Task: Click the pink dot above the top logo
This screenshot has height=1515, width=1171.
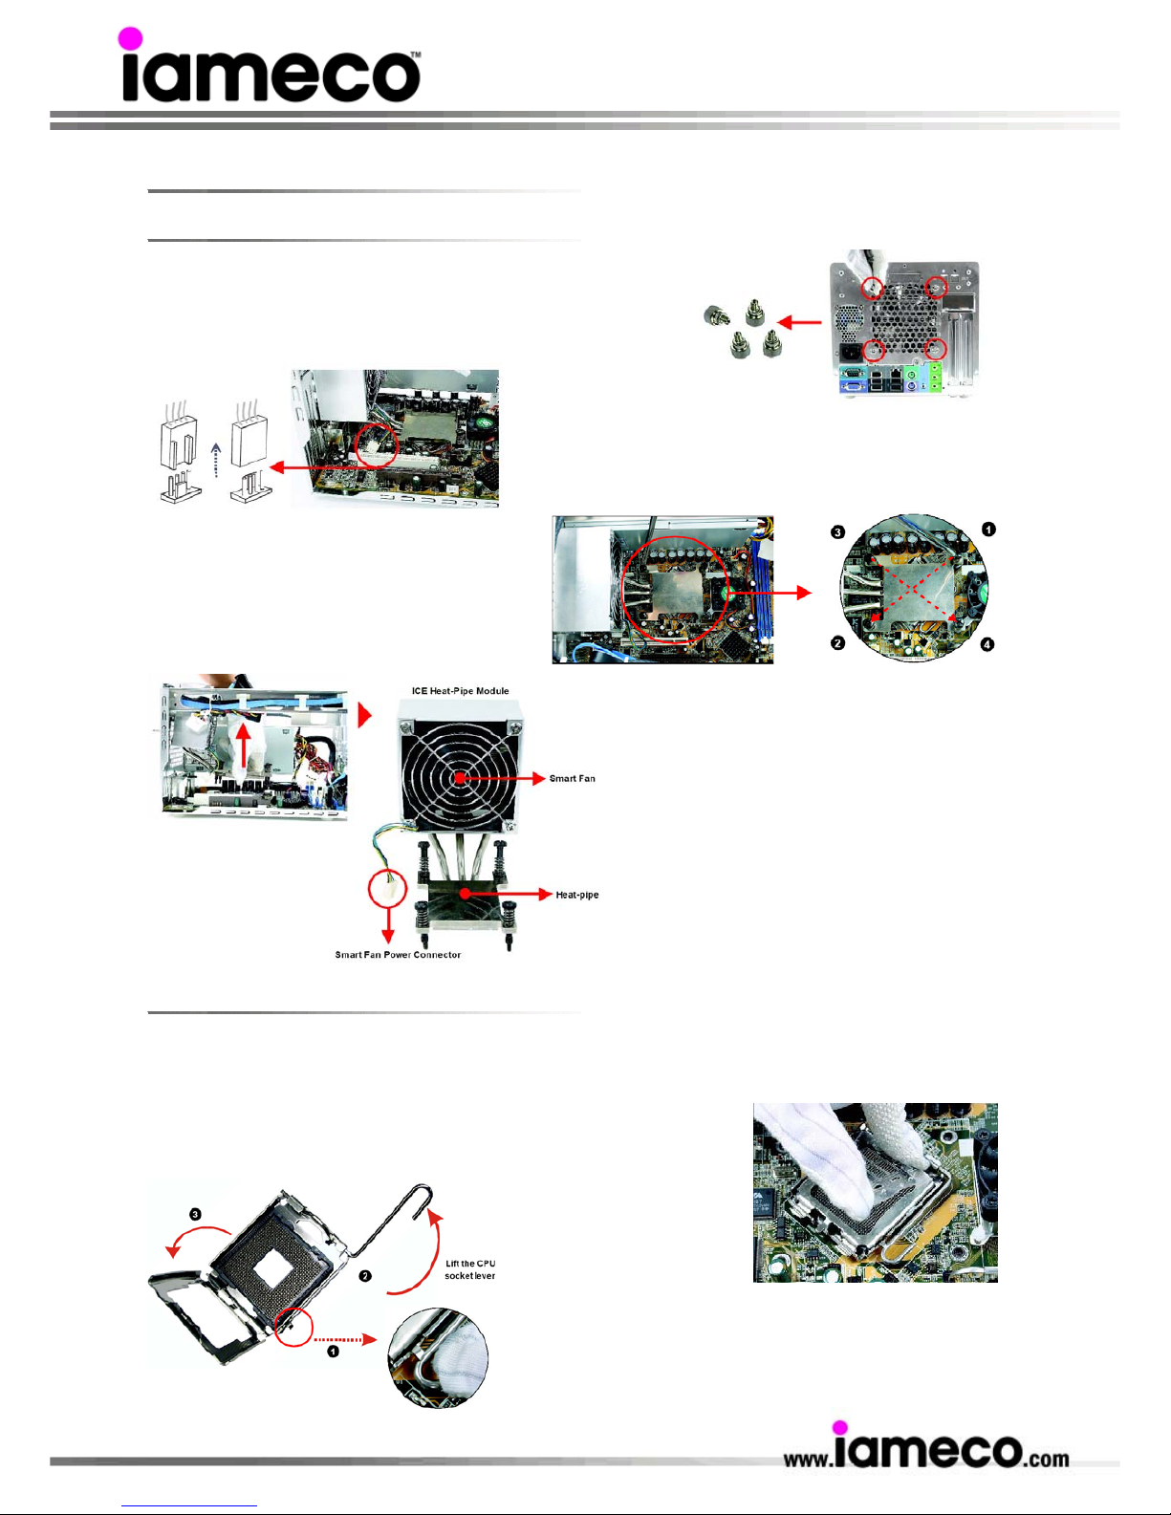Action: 130,38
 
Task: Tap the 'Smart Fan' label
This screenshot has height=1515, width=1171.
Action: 573,779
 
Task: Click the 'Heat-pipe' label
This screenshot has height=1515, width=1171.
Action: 577,896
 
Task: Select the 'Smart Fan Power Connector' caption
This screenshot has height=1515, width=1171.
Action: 398,955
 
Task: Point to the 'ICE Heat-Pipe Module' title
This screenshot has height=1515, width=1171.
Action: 460,691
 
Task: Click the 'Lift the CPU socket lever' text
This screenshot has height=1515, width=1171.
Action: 470,1269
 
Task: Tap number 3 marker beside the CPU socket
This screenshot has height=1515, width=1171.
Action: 195,1215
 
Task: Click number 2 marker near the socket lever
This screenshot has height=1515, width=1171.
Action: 364,1277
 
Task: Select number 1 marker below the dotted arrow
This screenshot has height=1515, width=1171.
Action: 334,1352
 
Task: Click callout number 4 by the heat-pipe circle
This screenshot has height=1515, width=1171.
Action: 987,645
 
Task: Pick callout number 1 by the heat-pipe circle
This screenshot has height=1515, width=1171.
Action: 988,530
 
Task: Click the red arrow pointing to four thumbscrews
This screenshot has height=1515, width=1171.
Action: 799,323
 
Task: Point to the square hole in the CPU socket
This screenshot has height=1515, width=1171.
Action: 273,1270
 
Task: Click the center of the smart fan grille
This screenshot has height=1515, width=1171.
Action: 460,778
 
